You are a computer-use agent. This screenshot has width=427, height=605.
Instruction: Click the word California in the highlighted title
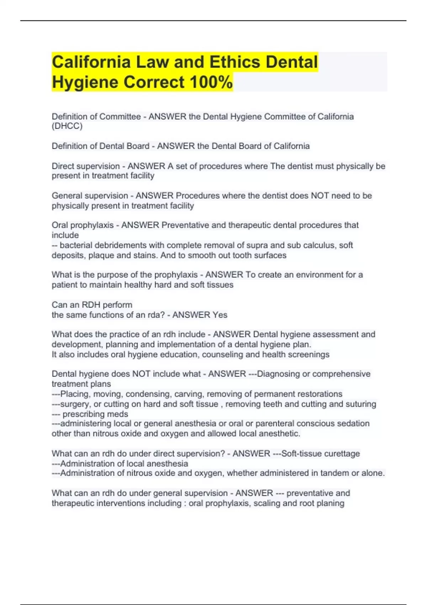pyautogui.click(x=91, y=62)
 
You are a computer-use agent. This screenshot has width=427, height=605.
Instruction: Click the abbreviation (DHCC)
pyautogui.click(x=67, y=126)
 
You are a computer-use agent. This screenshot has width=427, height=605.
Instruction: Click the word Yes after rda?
pyautogui.click(x=220, y=315)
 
